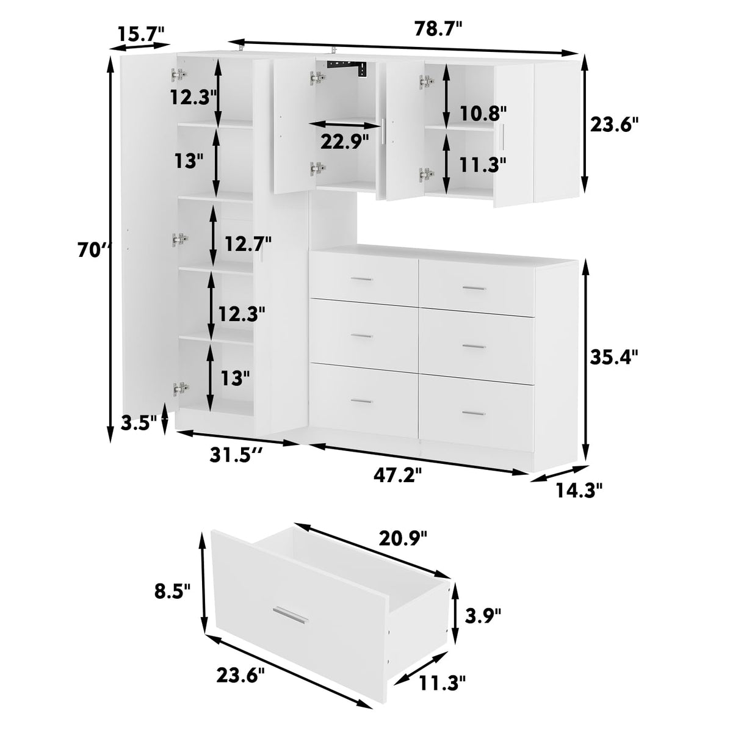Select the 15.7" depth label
coord(141,33)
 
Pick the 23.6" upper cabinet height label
coord(614,125)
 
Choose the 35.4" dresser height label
coord(614,356)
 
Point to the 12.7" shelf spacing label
coord(248,244)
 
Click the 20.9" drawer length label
coord(403,538)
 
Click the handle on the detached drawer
coord(291,615)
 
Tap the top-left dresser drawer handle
coord(363,280)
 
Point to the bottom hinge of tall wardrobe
coord(179,388)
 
